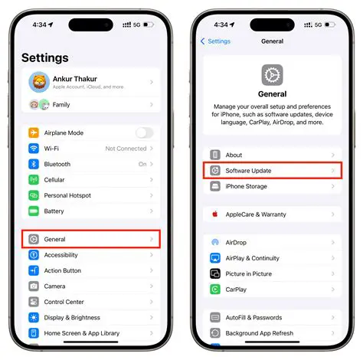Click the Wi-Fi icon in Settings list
(x=34, y=149)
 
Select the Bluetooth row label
(x=57, y=164)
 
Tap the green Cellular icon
(x=34, y=180)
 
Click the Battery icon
(x=34, y=211)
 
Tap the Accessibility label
(x=62, y=255)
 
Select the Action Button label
(x=63, y=270)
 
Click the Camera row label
(x=55, y=286)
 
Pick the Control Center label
(x=64, y=302)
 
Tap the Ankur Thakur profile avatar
(x=38, y=82)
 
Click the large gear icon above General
(x=272, y=74)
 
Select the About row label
(x=234, y=155)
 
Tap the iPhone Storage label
(x=246, y=186)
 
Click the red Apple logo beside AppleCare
(x=215, y=214)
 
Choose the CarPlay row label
(x=237, y=290)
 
